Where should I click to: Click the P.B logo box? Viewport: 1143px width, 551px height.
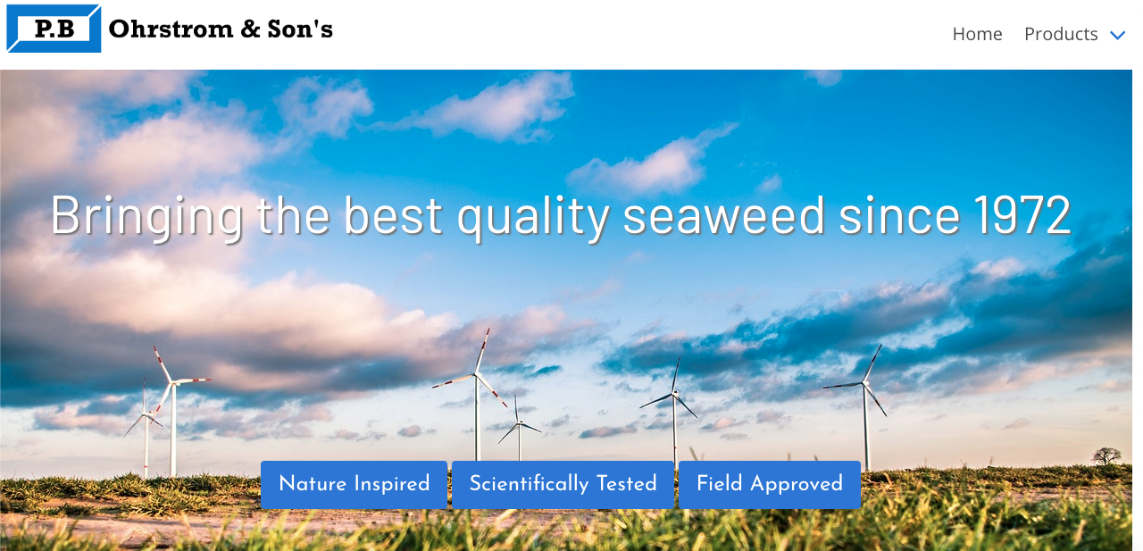[54, 29]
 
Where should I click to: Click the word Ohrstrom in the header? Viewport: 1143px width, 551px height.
[171, 29]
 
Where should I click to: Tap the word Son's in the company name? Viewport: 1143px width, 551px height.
[300, 29]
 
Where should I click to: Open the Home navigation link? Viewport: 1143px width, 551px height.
[977, 34]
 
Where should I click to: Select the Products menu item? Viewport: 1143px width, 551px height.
[1061, 34]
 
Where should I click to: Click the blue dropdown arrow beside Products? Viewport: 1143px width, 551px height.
[1117, 35]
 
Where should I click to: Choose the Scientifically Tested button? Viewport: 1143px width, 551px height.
[563, 484]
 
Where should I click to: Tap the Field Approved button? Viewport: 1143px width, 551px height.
[770, 484]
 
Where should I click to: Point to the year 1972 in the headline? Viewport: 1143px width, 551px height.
[1022, 216]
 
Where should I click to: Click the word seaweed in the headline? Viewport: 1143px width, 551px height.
[723, 216]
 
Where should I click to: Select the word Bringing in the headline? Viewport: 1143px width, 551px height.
[147, 219]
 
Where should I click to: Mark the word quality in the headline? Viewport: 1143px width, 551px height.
[533, 219]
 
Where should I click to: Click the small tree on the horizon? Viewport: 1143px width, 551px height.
[1106, 455]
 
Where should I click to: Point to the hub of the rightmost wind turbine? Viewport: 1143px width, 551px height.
[865, 382]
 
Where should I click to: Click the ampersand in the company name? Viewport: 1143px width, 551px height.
[251, 29]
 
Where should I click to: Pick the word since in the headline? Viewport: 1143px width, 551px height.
[899, 216]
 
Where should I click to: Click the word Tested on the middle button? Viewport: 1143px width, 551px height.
[627, 483]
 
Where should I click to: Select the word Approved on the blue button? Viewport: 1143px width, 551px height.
[797, 484]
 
